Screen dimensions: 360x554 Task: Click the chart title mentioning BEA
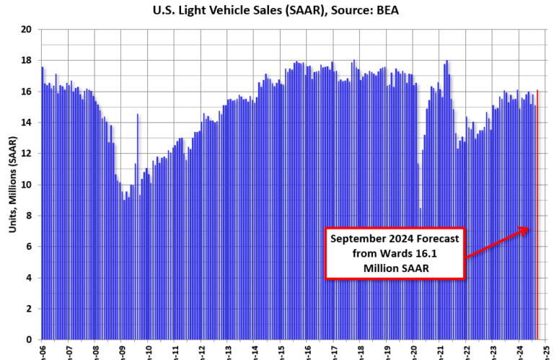tap(276, 10)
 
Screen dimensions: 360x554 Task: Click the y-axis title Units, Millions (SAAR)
tap(12, 184)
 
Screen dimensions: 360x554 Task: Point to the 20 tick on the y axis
tap(27, 30)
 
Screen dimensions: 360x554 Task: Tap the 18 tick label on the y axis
tap(27, 61)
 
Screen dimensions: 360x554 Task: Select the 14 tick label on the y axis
tap(27, 123)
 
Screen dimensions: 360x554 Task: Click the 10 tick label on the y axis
tap(27, 185)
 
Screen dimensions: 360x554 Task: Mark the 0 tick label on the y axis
tap(30, 340)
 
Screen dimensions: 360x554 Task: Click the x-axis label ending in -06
tap(43, 351)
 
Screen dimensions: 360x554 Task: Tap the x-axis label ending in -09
tap(122, 351)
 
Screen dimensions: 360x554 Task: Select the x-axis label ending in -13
tap(229, 351)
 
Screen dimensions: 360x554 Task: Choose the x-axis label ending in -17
tap(335, 351)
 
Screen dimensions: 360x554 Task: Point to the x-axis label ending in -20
tap(414, 351)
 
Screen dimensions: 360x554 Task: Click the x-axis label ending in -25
tap(547, 351)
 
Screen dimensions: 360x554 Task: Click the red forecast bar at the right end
tap(537, 216)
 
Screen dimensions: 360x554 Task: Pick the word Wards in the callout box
tap(400, 253)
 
